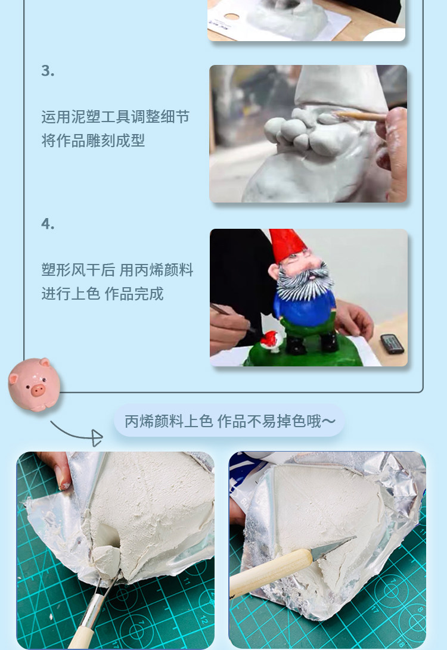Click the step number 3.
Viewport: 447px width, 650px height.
(48, 71)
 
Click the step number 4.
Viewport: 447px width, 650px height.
(48, 224)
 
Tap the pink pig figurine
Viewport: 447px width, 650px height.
(35, 384)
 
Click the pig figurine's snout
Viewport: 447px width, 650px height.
(38, 390)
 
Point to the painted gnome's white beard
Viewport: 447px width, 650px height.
(305, 284)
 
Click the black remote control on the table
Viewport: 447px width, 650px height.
(392, 344)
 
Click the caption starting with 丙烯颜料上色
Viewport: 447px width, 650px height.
(229, 421)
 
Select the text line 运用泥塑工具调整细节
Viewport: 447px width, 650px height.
(115, 117)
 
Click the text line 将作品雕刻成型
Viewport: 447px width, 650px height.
(93, 141)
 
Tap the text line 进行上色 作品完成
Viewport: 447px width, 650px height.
(102, 294)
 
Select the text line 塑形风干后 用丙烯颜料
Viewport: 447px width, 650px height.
(117, 270)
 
